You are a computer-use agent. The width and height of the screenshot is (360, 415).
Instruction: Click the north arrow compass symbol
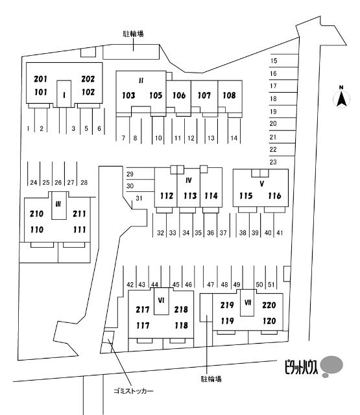coord(341,97)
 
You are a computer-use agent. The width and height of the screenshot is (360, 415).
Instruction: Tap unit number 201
coord(40,79)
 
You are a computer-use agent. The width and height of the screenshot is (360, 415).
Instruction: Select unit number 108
coord(229,95)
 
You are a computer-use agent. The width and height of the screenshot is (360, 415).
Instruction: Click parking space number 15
coord(274,61)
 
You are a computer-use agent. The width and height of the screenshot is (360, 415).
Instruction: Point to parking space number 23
coord(273,162)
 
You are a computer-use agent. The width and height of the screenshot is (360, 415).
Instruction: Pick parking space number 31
coord(139,198)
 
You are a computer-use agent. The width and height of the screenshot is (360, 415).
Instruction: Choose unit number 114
coord(211,196)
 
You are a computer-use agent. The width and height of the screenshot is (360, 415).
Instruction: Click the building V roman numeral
coord(262,184)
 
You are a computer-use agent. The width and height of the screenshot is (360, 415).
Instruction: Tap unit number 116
coord(274,196)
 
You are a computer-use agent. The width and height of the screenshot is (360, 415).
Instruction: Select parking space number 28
coord(84,182)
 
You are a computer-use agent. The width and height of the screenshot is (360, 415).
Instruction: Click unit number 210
coord(36,213)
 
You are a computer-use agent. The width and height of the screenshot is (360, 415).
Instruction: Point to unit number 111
coord(79,230)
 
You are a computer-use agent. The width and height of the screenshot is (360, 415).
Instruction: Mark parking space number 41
coord(280,233)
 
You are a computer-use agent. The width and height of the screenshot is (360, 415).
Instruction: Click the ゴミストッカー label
coord(134,391)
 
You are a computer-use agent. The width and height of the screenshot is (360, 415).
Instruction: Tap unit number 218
coord(181,309)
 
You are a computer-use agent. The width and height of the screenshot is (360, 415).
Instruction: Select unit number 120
coord(269,321)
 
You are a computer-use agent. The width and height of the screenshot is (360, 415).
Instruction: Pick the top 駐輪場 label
coord(134,34)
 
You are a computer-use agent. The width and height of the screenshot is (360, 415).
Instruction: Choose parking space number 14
coord(234,138)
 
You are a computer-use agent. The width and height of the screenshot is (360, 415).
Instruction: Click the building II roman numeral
coord(141,80)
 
